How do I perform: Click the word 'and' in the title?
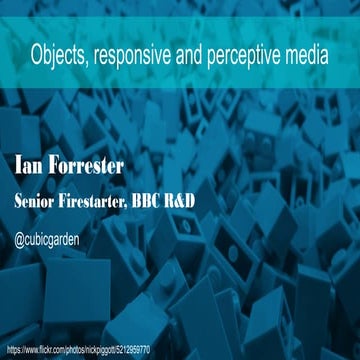pyautogui.click(x=192, y=57)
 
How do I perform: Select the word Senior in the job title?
pyautogui.click(x=38, y=201)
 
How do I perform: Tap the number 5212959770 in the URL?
pyautogui.click(x=130, y=350)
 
